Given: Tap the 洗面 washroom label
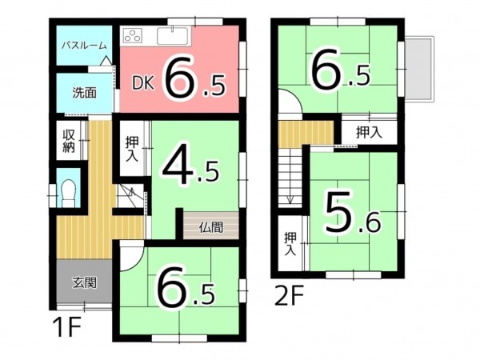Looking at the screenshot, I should click(x=85, y=92).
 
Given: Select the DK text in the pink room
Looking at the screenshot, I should click(x=142, y=82).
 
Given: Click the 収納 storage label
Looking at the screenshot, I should click(x=69, y=140).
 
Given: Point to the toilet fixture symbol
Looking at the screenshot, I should click(x=70, y=192).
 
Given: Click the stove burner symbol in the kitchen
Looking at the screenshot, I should click(x=132, y=35).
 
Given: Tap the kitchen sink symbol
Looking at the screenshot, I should click(x=172, y=35).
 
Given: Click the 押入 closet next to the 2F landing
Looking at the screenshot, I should click(x=368, y=132).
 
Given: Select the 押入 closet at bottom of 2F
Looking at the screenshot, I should click(x=290, y=243).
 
